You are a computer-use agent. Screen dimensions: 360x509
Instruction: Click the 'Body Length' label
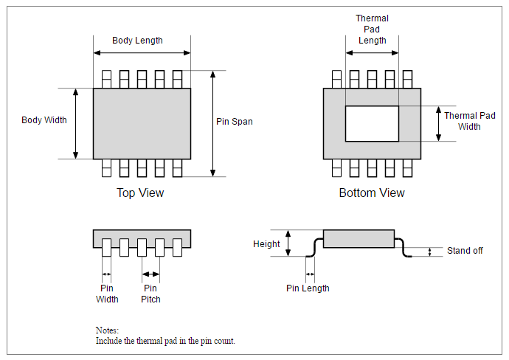tap(137, 40)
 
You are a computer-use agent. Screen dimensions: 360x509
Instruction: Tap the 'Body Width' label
tap(44, 120)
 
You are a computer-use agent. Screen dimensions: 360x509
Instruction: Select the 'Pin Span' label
tap(234, 122)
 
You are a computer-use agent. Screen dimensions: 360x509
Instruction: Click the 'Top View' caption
tap(140, 193)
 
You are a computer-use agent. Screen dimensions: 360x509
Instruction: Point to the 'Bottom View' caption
tap(372, 193)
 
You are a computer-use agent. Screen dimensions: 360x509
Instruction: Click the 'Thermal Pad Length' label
tap(372, 30)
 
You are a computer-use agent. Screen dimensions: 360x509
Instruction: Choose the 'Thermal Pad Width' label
tap(469, 121)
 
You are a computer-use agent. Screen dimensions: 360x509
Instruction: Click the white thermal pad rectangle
tap(372, 123)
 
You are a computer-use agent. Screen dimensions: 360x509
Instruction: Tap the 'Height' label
tap(266, 244)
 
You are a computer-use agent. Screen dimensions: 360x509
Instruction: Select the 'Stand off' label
tap(465, 251)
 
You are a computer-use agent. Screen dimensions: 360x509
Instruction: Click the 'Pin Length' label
tap(308, 288)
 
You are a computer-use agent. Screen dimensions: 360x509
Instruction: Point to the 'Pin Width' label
tap(107, 294)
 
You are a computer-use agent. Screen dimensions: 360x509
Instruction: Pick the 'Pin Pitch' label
tap(150, 294)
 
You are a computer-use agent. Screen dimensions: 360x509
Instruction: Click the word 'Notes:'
tap(107, 330)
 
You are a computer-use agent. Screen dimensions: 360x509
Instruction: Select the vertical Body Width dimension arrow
tap(75, 123)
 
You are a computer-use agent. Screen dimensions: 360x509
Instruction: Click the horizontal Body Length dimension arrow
tap(142, 52)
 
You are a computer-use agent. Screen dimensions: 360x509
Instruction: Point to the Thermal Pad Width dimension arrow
tap(438, 123)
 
